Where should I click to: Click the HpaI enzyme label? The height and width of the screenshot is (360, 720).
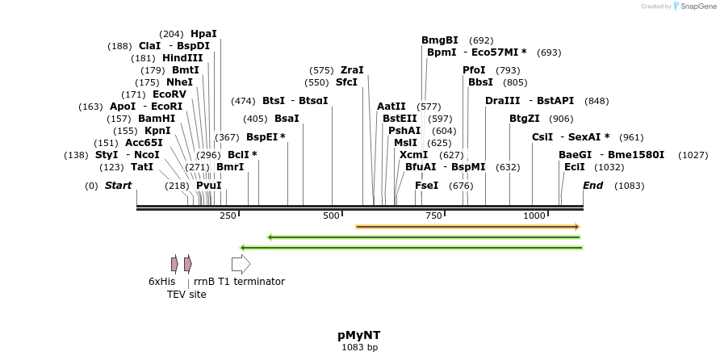[203, 34]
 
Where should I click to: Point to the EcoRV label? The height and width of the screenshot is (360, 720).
[169, 94]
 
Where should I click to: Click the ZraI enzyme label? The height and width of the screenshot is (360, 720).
[352, 70]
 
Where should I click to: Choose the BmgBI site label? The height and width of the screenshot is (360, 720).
[440, 40]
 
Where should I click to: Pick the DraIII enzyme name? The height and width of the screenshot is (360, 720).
[503, 101]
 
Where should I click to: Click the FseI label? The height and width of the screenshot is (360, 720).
[426, 186]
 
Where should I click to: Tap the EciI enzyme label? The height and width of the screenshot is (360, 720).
[575, 167]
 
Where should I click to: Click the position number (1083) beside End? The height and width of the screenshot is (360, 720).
[629, 186]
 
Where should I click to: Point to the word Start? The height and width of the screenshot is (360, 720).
[118, 186]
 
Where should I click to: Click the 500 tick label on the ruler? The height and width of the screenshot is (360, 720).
[332, 216]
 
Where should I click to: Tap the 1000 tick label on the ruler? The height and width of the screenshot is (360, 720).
[534, 216]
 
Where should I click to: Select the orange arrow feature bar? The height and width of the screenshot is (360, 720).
[467, 227]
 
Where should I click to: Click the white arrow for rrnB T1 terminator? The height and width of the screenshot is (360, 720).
[241, 264]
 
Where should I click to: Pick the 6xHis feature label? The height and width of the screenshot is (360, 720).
[161, 282]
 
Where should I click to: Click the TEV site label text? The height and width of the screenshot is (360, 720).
[186, 295]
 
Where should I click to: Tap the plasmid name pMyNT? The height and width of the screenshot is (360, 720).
[359, 334]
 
